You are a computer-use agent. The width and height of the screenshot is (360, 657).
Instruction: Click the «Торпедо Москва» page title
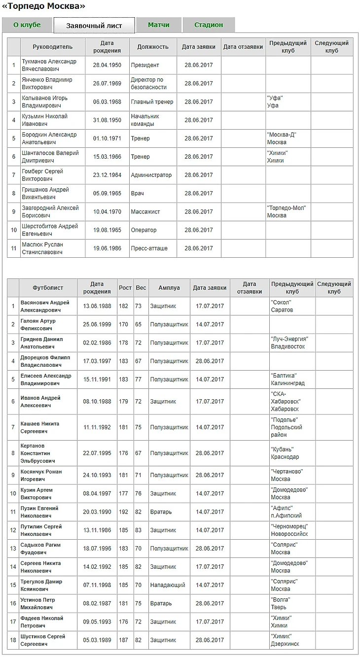pos(44,6)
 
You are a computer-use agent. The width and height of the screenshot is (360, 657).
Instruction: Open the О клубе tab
pos(27,25)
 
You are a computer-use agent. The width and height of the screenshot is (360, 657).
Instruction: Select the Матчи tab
pos(159,25)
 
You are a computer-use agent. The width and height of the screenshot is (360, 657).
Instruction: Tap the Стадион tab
pos(209,25)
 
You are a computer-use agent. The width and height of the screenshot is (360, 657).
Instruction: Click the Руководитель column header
pos(52,47)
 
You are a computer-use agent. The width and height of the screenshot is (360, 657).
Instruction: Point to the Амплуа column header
pos(169,288)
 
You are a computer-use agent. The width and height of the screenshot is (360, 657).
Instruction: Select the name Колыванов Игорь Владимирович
pos(45,102)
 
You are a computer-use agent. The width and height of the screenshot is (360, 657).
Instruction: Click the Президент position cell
pos(145,65)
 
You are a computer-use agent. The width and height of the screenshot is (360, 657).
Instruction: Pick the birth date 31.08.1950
pos(107,120)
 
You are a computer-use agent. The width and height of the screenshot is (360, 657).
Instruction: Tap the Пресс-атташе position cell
pos(149,248)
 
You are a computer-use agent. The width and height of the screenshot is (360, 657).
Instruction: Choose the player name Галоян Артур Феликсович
pos(38,324)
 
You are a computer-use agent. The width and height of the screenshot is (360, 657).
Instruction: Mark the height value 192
pos(123,512)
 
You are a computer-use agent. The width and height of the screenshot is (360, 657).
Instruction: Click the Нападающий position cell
pos(168,585)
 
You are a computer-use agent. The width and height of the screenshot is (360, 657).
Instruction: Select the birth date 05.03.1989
pos(97,640)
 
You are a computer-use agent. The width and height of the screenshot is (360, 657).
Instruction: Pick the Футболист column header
pos(48,288)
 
